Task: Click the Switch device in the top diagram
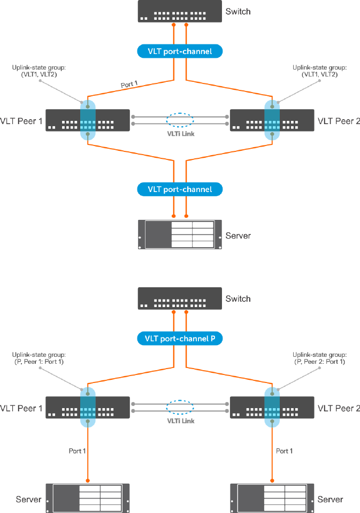(180, 11)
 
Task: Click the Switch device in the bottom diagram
(180, 298)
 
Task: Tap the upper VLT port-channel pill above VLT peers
(180, 51)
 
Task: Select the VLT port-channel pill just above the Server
(180, 189)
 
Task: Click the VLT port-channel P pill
(180, 339)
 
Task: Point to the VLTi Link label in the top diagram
(181, 134)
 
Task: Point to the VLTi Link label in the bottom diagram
(181, 421)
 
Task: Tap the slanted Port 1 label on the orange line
(129, 84)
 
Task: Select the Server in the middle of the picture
(180, 235)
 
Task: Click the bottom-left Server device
(88, 498)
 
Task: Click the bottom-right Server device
(272, 498)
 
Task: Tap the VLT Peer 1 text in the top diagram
(21, 121)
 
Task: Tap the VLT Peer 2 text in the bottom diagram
(339, 408)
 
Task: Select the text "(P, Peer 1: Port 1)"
(39, 362)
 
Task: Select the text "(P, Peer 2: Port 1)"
(320, 362)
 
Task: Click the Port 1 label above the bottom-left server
(77, 451)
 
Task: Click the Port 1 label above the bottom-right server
(285, 451)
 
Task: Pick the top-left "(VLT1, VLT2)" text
(39, 74)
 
